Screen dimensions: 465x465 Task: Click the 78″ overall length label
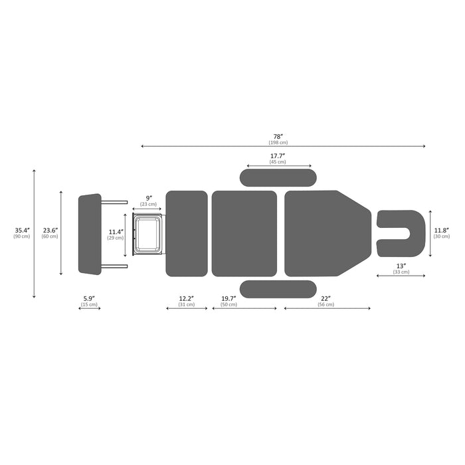click(278, 137)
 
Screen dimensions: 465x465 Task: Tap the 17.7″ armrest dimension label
click(278, 156)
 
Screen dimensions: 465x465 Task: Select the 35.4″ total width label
click(22, 230)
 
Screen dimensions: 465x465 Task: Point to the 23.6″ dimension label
click(50, 230)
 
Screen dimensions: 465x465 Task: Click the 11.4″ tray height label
click(116, 232)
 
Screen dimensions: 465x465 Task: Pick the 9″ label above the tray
click(149, 198)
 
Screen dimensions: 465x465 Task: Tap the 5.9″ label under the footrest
click(89, 298)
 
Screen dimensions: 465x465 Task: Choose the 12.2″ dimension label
click(187, 298)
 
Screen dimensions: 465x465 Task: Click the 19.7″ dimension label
click(229, 298)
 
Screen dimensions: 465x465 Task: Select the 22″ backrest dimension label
click(325, 298)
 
